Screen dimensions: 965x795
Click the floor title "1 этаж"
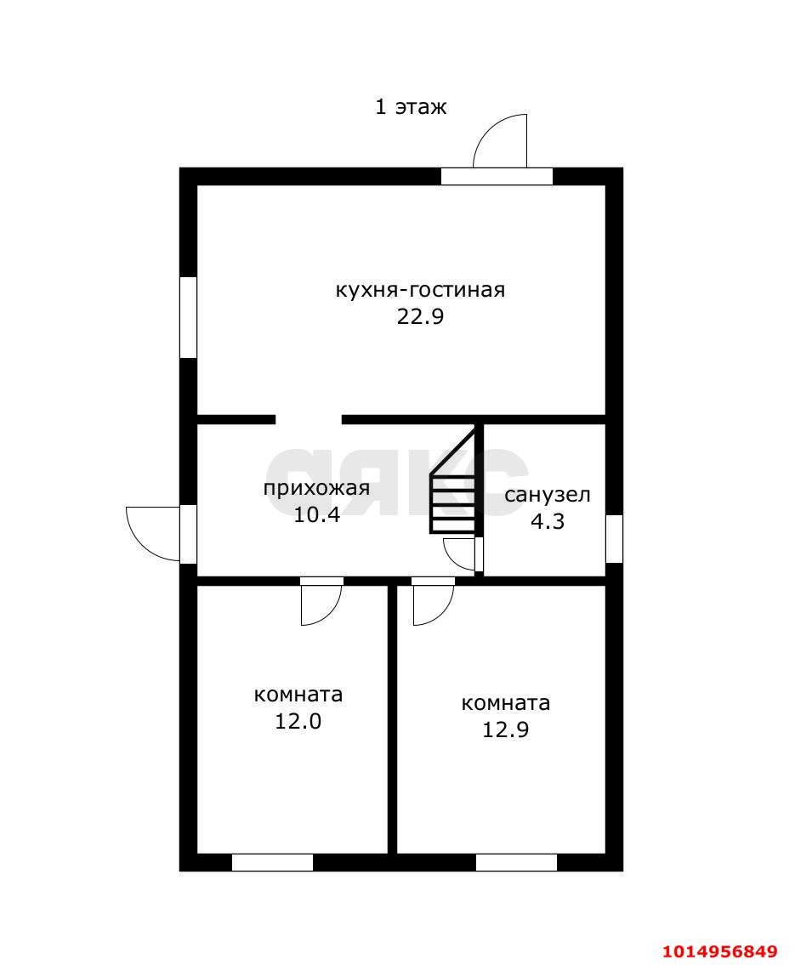click(x=411, y=107)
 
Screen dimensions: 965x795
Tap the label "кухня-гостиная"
click(x=420, y=290)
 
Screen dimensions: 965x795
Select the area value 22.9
click(x=420, y=317)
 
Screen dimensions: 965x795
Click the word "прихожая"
click(x=316, y=488)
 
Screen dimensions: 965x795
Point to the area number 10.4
click(x=316, y=514)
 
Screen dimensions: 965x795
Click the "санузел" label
click(x=547, y=495)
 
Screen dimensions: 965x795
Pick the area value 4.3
click(x=547, y=521)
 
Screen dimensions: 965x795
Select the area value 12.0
click(x=298, y=721)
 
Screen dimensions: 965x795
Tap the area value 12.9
click(x=505, y=729)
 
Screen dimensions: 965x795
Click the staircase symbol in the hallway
click(x=454, y=493)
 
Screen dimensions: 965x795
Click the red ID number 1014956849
click(x=720, y=951)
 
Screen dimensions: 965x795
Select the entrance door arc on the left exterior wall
click(x=153, y=533)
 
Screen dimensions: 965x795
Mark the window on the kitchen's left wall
click(x=188, y=317)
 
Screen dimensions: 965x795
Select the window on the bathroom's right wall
click(x=614, y=539)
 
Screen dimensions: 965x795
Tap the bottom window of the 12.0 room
click(x=272, y=862)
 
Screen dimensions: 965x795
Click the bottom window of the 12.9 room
click(x=516, y=862)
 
